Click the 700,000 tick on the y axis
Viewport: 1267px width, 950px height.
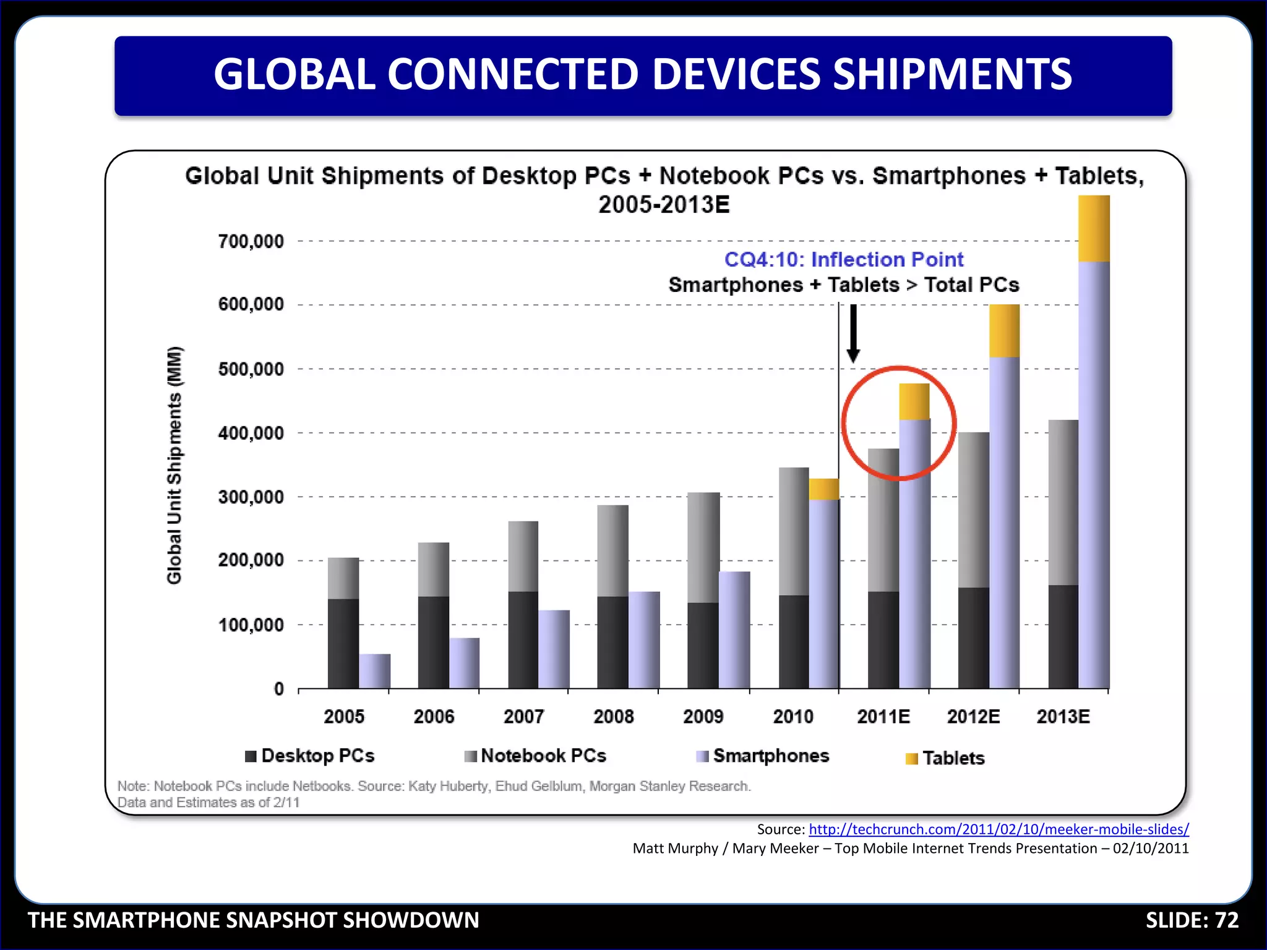click(x=251, y=241)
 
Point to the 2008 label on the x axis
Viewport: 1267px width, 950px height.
click(x=613, y=717)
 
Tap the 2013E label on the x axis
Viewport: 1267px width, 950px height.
click(x=1063, y=717)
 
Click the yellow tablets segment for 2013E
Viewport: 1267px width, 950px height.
click(x=1094, y=229)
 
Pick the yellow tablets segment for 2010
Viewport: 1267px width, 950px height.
click(x=824, y=489)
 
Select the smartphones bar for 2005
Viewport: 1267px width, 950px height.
click(x=375, y=671)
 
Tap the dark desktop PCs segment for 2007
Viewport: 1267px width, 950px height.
click(x=523, y=640)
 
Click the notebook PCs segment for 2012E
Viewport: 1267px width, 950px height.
click(x=973, y=510)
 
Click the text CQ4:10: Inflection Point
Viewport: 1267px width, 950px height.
click(x=844, y=260)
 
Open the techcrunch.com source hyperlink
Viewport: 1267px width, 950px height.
click(x=999, y=829)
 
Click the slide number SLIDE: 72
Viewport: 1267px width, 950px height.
click(x=1192, y=920)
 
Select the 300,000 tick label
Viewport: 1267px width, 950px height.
click(x=251, y=497)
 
